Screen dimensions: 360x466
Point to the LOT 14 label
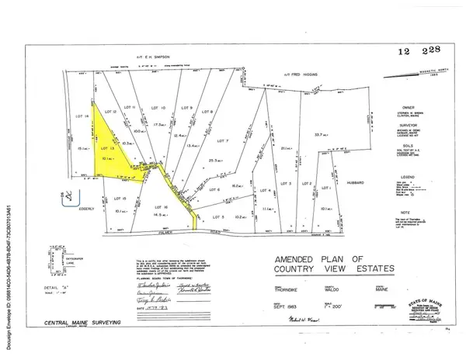(75, 116)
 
